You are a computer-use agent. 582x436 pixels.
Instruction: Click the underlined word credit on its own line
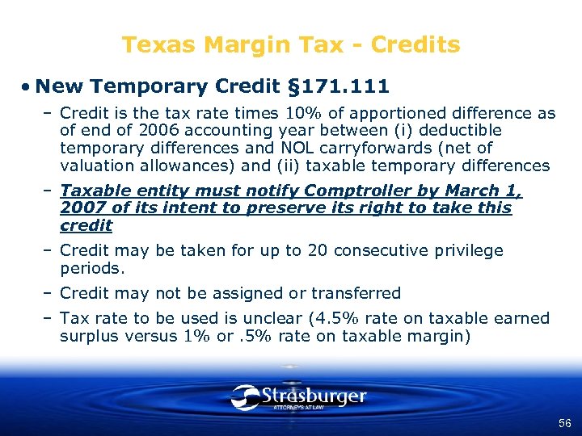[x=86, y=226]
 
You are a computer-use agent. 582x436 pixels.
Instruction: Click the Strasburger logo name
[x=314, y=396]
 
